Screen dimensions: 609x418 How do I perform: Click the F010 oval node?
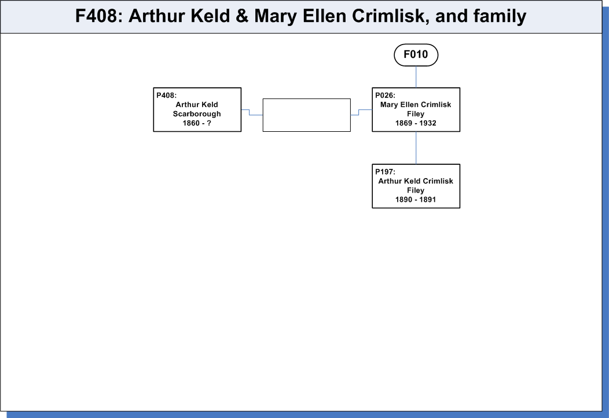click(x=416, y=55)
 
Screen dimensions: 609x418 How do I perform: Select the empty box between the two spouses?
click(x=306, y=115)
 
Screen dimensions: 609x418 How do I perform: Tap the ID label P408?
click(x=166, y=95)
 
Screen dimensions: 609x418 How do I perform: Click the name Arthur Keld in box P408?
click(x=197, y=105)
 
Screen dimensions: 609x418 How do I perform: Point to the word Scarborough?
click(x=197, y=114)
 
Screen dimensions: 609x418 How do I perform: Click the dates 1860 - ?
click(x=197, y=123)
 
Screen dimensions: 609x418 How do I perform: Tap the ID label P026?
click(x=385, y=95)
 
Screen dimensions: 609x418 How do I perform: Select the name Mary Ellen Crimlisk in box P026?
click(x=416, y=105)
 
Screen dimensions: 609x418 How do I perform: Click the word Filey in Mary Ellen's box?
click(x=416, y=114)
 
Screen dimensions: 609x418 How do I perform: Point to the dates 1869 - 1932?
click(x=416, y=123)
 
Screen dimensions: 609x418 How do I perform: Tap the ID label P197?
click(x=385, y=172)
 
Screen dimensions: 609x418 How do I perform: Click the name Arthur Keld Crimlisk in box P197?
click(x=416, y=181)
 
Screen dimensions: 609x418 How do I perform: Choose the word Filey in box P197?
click(x=416, y=190)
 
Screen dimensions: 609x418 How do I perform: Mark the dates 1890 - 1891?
click(x=416, y=199)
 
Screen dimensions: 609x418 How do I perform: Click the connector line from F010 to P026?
click(x=416, y=77)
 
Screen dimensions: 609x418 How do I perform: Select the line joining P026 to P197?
click(x=416, y=148)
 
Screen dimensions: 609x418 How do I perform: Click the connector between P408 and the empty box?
click(x=250, y=112)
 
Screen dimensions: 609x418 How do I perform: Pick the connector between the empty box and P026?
click(x=359, y=112)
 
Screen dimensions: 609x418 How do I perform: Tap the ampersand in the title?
click(x=241, y=16)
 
